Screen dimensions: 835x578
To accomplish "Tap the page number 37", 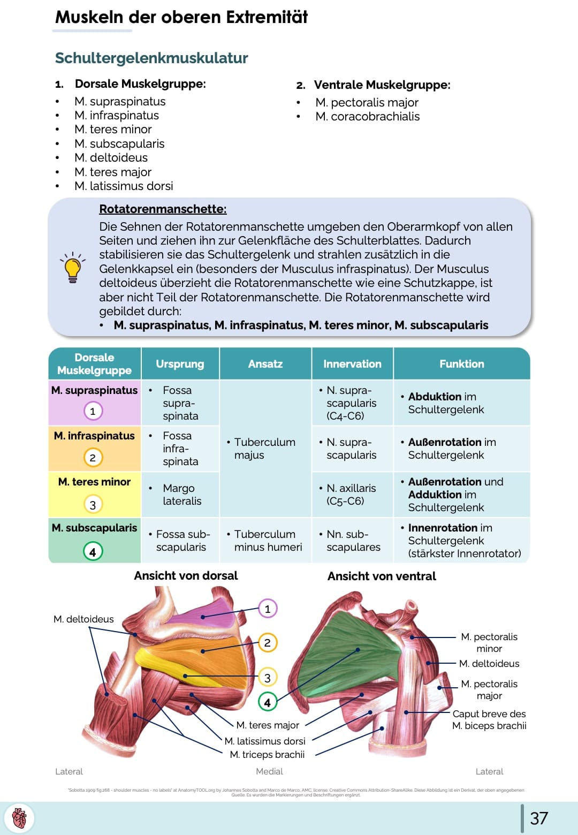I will tap(539, 818).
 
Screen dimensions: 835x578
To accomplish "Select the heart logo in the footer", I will tap(19, 818).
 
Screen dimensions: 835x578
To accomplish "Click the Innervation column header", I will tap(352, 364).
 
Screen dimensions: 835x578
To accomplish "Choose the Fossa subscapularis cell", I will tap(181, 541).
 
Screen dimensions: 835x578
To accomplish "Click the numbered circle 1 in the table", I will tap(93, 411).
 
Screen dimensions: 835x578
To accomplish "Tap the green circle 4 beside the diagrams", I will tap(268, 702).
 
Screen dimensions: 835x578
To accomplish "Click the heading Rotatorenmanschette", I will tap(163, 209).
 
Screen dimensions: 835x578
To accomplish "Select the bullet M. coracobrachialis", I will tap(367, 117).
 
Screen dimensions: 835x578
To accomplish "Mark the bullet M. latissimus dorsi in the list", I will tap(124, 186).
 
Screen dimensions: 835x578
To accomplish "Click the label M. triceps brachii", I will tap(267, 755).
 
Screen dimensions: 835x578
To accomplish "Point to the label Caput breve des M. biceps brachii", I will tap(489, 720).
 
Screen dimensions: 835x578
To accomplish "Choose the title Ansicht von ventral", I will tap(382, 576).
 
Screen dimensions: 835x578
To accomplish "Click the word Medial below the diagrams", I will tap(269, 772).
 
